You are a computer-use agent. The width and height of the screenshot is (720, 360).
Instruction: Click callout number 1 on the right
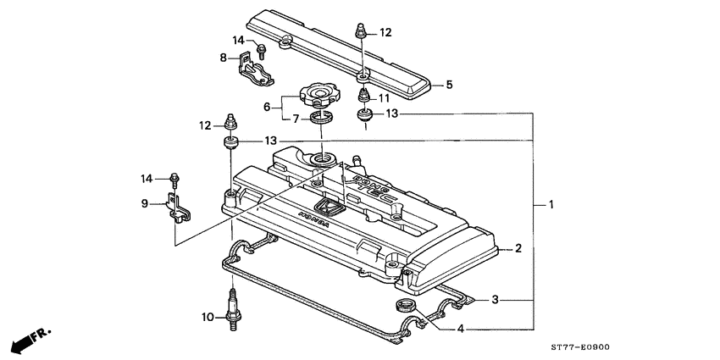551,204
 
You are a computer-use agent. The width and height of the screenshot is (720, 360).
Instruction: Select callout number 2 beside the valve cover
518,248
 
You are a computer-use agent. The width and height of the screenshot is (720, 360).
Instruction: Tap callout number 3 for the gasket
497,300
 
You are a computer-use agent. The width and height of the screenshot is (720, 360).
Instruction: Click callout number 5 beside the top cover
449,85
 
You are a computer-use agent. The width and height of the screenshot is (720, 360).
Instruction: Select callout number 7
296,119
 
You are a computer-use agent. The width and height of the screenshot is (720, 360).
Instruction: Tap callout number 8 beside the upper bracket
224,58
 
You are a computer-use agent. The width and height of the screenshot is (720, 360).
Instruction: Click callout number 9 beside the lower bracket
145,203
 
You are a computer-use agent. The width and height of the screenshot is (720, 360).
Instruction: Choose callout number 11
384,97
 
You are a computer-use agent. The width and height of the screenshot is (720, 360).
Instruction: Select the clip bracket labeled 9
179,206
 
